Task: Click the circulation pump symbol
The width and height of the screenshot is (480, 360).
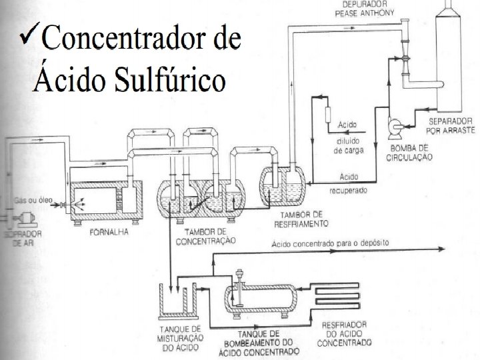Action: click(393, 125)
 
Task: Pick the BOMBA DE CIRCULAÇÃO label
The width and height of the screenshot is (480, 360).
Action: click(410, 153)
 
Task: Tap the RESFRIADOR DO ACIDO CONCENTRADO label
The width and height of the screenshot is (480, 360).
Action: click(346, 335)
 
